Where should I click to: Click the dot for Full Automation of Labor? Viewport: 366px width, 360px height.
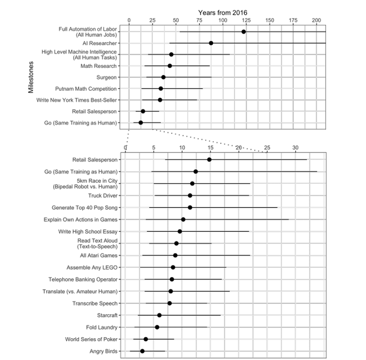click(x=243, y=32)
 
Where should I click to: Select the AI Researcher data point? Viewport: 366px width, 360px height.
click(x=211, y=43)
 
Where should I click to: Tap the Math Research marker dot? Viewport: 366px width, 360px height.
click(x=170, y=66)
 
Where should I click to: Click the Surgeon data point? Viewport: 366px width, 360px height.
click(x=163, y=77)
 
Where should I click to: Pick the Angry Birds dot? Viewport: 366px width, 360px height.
click(x=142, y=351)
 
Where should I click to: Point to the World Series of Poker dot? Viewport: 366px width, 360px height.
click(x=146, y=339)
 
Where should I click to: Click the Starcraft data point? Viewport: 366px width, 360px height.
click(x=159, y=315)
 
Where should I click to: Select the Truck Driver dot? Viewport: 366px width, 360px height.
click(x=190, y=196)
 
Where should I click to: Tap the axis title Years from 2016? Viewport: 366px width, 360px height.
click(x=222, y=12)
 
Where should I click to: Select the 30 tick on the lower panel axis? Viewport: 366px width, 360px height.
click(x=295, y=147)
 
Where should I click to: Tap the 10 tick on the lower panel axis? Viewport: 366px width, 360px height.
click(x=182, y=147)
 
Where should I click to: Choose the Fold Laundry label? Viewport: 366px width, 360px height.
click(x=102, y=327)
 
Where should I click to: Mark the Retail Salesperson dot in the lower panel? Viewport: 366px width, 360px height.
click(x=209, y=160)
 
